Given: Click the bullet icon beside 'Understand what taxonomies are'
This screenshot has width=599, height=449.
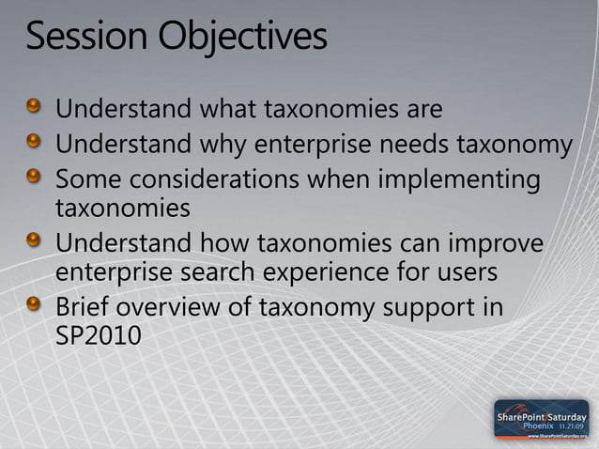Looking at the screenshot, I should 34,108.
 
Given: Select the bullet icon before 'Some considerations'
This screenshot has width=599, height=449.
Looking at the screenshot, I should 34,177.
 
